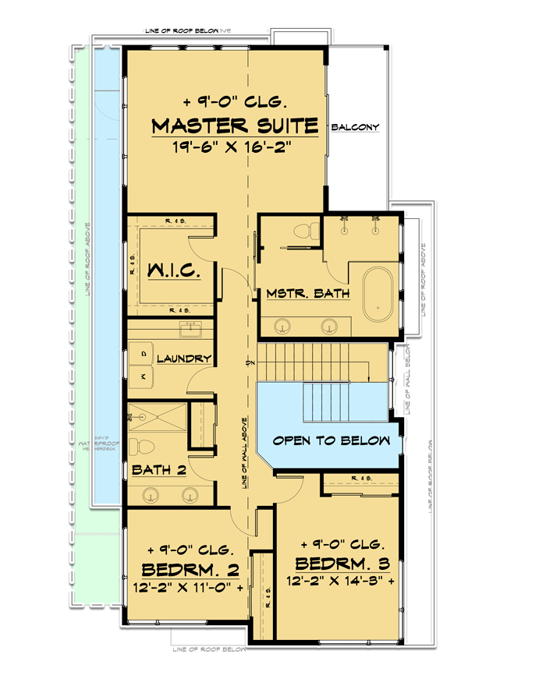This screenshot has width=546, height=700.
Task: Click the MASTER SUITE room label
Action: point(234,125)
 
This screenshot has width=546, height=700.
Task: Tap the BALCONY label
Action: point(355,127)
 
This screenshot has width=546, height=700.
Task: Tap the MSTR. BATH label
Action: point(307,294)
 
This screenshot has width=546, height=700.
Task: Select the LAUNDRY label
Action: point(184,359)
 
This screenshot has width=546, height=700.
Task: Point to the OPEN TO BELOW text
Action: point(331,440)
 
